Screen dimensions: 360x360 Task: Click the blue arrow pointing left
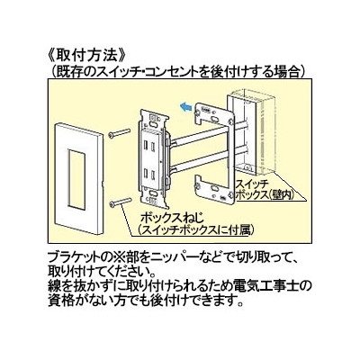185,106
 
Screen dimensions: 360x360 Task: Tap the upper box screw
120,133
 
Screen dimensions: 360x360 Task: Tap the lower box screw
120,202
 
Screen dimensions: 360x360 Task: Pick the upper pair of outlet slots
149,147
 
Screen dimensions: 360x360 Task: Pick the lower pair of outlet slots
149,174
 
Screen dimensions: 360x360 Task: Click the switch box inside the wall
250,134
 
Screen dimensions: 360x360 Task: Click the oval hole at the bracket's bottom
214,189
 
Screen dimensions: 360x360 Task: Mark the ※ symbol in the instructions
110,257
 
